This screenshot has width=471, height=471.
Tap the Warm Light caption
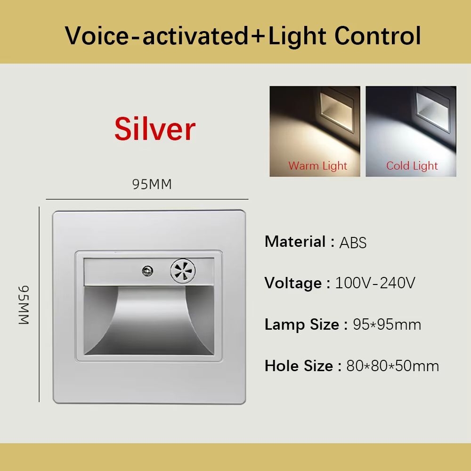[317, 166]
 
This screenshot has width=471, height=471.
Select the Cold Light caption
[412, 166]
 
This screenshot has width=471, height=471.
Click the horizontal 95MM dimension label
[152, 184]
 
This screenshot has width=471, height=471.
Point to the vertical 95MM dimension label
[24, 305]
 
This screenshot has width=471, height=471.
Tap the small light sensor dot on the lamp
[146, 271]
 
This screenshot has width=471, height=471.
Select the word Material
[295, 242]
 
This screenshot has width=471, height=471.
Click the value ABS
[353, 243]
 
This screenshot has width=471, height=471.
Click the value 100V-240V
[375, 283]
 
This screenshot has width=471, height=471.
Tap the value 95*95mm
[387, 325]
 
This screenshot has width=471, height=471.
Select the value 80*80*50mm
[392, 366]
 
